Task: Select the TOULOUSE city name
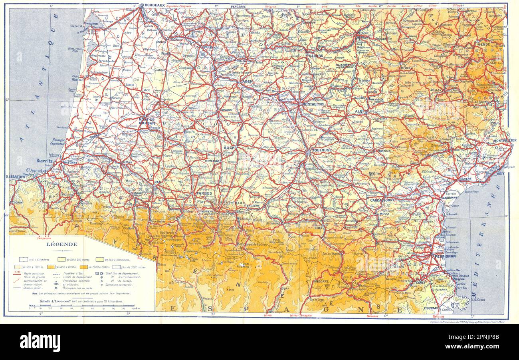322,150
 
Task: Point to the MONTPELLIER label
505,140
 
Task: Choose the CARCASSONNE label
382,200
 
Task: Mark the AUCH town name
229,147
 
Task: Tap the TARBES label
204,193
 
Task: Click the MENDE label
483,44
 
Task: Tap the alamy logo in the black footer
40,342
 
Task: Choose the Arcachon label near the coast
91,24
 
